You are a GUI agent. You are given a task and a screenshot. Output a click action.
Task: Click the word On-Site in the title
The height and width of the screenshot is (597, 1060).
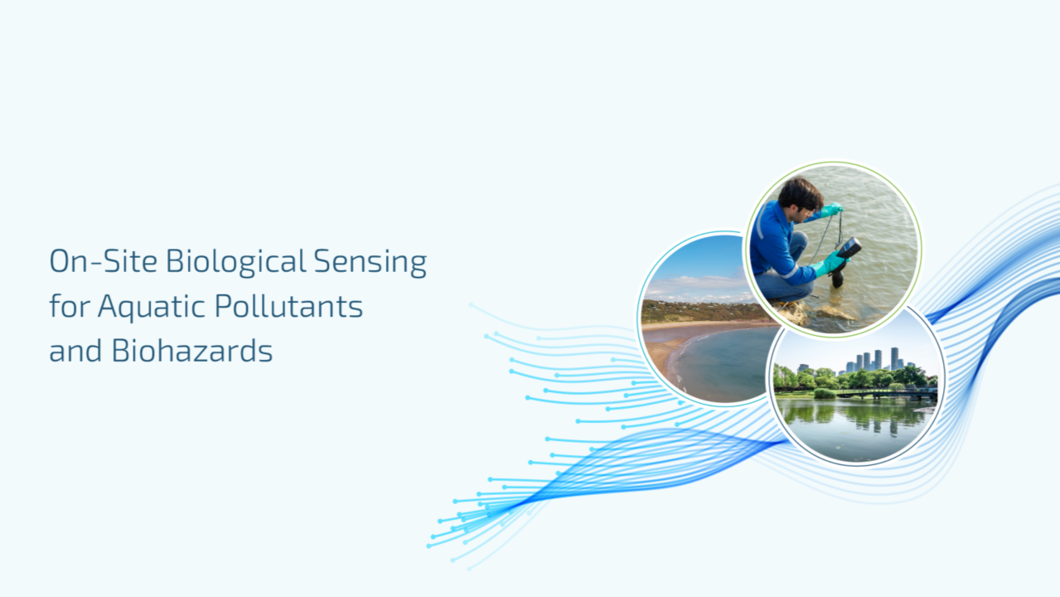click(103, 261)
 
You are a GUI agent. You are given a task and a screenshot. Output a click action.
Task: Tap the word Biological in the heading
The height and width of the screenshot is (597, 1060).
click(236, 262)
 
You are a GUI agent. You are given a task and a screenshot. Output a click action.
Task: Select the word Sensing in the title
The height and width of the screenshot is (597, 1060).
click(370, 262)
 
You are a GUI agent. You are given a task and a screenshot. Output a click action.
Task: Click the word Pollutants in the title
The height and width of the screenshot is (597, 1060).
click(288, 306)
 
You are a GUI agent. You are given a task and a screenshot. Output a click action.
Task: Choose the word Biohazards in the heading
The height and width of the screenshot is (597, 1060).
click(192, 351)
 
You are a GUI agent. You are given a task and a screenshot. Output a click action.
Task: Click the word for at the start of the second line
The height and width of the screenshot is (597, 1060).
click(70, 306)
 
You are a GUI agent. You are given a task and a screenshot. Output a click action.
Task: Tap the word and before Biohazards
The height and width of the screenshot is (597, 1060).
click(75, 351)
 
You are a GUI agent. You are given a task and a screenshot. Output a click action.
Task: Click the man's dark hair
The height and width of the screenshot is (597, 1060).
click(801, 193)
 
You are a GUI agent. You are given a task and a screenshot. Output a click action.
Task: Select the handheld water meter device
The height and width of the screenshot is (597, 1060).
click(849, 248)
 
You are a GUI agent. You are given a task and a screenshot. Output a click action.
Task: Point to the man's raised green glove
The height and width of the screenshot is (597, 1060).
click(831, 210)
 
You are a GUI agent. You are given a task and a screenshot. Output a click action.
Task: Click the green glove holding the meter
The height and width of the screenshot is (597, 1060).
click(831, 263)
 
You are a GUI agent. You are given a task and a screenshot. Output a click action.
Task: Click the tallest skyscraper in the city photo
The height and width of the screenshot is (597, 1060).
click(895, 358)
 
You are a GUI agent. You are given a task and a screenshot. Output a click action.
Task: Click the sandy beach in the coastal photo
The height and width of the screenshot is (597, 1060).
click(681, 341)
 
